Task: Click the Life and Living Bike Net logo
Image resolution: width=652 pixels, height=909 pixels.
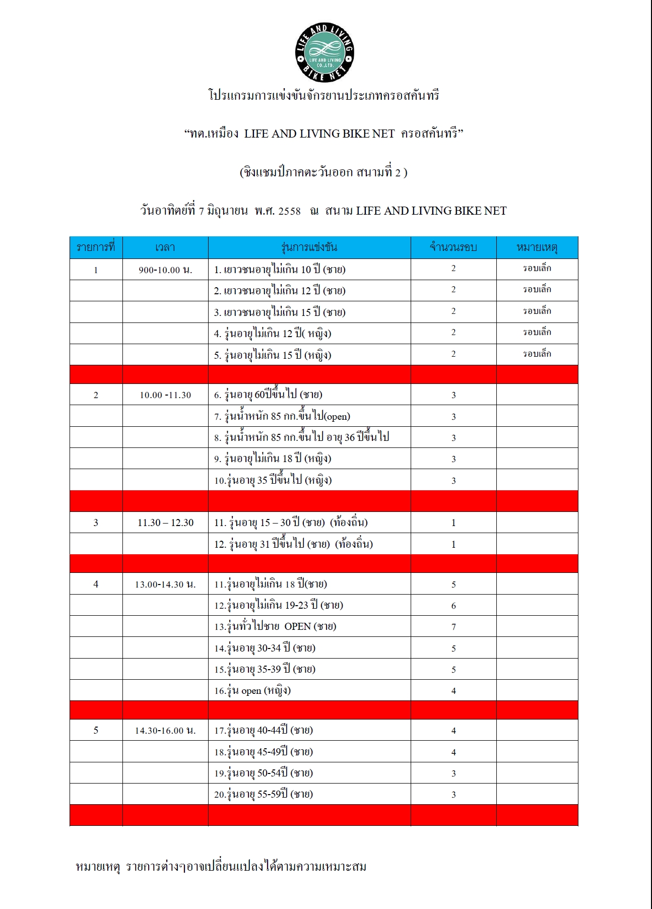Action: [324, 52]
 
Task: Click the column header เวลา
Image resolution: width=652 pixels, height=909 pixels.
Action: [165, 247]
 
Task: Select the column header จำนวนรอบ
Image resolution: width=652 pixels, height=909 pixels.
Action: [453, 247]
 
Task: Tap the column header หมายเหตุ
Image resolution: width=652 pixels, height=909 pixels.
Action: [537, 247]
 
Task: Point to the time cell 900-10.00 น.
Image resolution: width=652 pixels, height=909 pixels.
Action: [165, 270]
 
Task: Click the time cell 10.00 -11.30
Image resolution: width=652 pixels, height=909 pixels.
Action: [165, 395]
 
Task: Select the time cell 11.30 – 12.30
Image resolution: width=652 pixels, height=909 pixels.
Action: [165, 523]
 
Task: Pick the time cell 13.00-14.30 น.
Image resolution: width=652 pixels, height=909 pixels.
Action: [165, 585]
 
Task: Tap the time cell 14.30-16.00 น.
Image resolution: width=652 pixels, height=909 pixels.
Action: [165, 731]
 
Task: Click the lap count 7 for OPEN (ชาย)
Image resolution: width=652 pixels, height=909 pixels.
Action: [453, 627]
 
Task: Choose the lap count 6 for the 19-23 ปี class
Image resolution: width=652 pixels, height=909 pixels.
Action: [453, 606]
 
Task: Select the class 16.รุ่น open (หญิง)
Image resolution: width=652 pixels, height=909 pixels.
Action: [252, 691]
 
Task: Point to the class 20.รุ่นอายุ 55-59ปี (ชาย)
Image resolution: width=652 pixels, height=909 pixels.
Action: [264, 795]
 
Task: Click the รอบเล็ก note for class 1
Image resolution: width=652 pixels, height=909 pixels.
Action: [537, 269]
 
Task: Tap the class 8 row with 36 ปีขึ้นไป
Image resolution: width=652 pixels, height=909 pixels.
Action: [301, 437]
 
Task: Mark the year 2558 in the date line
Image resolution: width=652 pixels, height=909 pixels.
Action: [289, 211]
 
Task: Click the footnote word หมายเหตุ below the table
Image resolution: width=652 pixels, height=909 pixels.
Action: [98, 867]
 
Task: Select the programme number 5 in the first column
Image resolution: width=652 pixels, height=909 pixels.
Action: [96, 731]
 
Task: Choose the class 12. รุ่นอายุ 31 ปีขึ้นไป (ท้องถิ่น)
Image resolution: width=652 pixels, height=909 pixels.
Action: [293, 544]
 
